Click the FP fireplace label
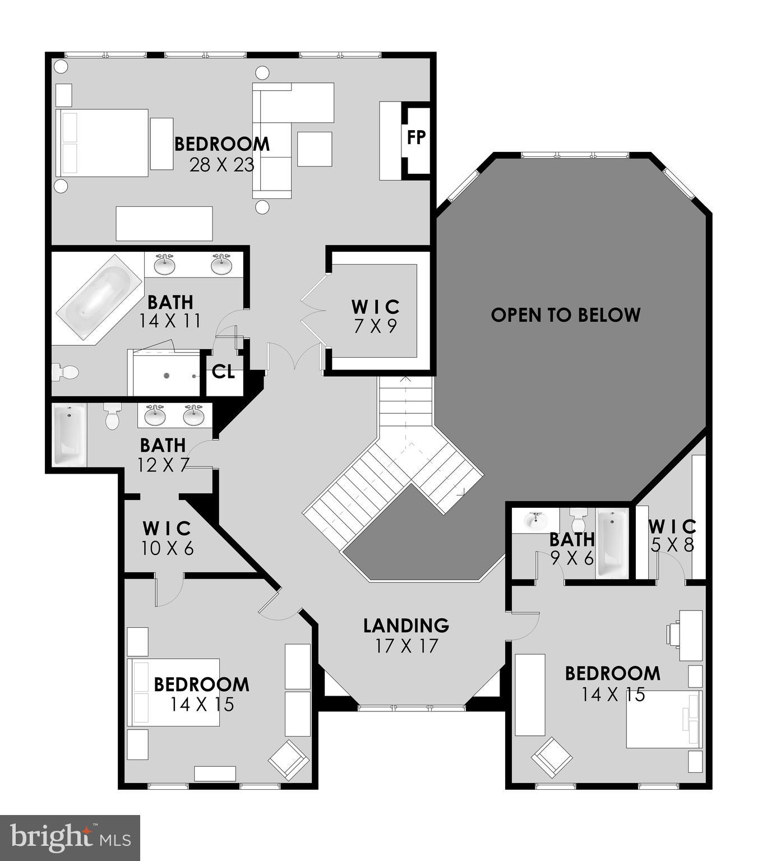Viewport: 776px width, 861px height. click(416, 137)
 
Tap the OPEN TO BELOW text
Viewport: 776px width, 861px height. click(565, 315)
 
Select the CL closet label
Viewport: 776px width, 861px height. click(223, 372)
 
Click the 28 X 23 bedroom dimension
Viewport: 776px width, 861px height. click(222, 165)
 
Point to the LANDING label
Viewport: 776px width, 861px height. click(406, 625)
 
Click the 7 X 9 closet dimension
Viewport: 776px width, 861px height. click(376, 326)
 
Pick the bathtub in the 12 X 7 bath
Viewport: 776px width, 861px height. click(69, 436)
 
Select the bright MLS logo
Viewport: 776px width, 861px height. click(70, 837)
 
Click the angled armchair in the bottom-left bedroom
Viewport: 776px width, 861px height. click(288, 760)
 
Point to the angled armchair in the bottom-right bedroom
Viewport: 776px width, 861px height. click(552, 756)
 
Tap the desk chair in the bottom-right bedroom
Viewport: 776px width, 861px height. click(673, 635)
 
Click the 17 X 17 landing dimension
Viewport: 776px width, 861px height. click(407, 646)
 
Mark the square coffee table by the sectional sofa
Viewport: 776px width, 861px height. click(315, 149)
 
